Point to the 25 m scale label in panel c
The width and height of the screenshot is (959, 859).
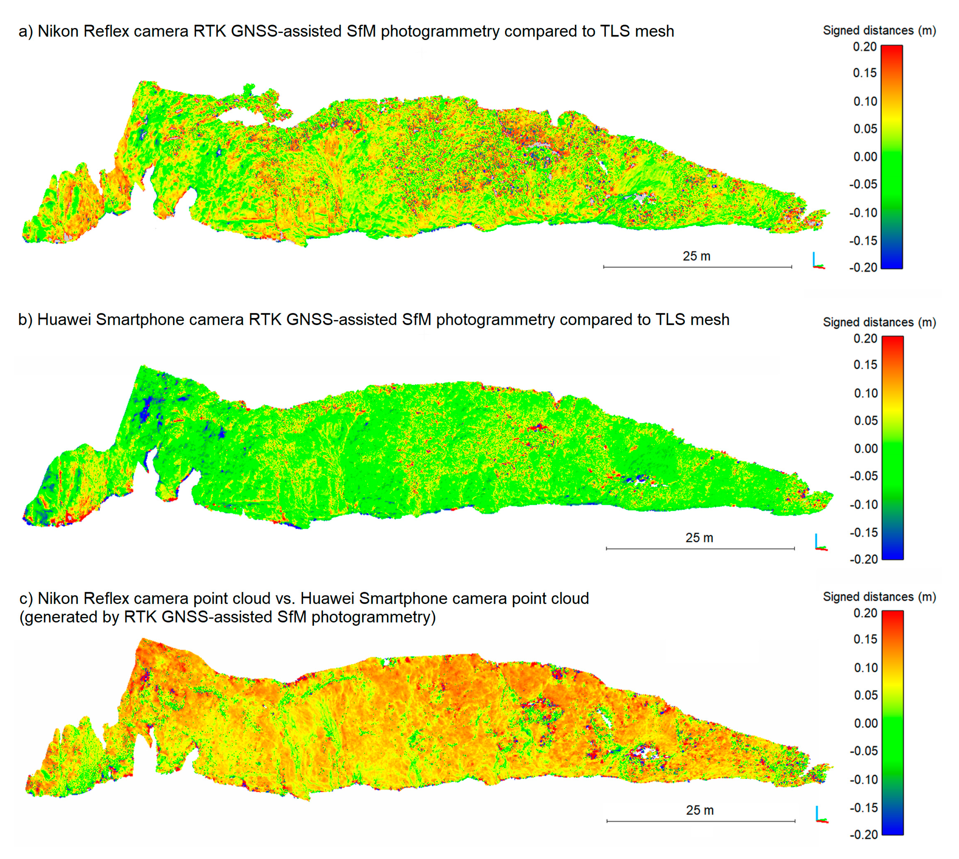[700, 810]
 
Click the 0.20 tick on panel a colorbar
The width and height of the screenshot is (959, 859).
[865, 47]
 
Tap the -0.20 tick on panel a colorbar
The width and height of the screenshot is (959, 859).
[863, 267]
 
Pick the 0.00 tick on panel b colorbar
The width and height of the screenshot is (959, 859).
[866, 448]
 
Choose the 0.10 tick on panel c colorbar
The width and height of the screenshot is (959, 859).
[866, 667]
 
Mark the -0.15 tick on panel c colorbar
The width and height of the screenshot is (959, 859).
[864, 807]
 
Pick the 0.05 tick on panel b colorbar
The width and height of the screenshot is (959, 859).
[866, 420]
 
